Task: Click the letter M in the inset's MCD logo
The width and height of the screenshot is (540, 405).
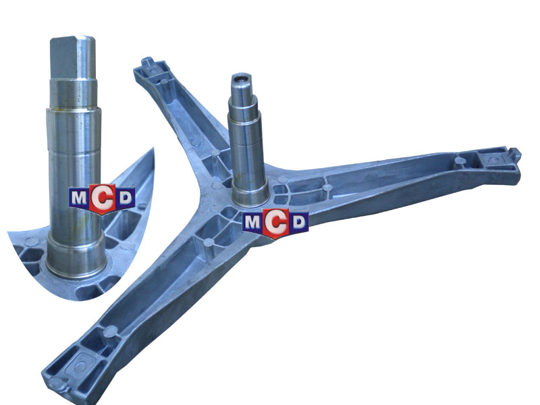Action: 78,198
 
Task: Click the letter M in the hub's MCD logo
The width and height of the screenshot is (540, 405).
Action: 252,223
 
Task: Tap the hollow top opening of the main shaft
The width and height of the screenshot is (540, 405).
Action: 240,77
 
